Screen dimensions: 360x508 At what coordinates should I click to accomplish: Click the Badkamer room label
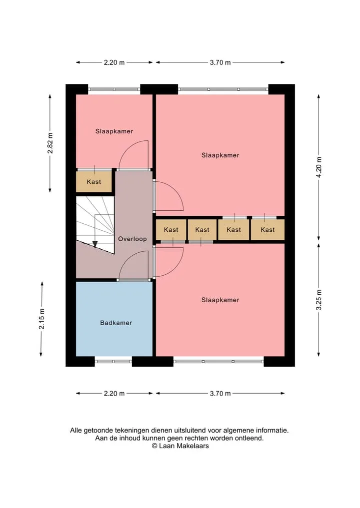[116, 323]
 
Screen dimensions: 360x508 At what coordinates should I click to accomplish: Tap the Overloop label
[132, 239]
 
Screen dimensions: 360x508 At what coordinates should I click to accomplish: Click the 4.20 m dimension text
[319, 167]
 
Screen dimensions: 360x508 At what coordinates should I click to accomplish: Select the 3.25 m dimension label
[319, 300]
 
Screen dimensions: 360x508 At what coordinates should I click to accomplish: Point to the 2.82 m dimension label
[50, 143]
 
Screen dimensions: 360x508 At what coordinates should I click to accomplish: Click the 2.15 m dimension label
[42, 319]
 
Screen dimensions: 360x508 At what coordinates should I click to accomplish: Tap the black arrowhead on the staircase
[95, 244]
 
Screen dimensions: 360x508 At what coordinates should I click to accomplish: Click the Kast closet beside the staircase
[94, 182]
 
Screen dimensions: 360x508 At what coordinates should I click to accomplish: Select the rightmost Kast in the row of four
[267, 230]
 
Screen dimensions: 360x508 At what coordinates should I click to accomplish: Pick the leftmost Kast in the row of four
[171, 230]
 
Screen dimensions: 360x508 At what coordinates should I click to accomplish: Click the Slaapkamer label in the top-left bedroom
[114, 131]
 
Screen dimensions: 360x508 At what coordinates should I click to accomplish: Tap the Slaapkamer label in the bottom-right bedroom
[220, 300]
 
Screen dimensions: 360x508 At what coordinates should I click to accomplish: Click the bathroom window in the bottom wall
[113, 361]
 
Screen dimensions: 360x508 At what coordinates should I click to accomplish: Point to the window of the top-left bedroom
[114, 89]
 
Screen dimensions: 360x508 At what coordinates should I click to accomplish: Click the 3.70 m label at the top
[220, 62]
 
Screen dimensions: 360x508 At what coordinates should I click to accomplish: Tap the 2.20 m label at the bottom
[114, 393]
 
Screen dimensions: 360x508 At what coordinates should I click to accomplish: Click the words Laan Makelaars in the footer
[184, 446]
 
